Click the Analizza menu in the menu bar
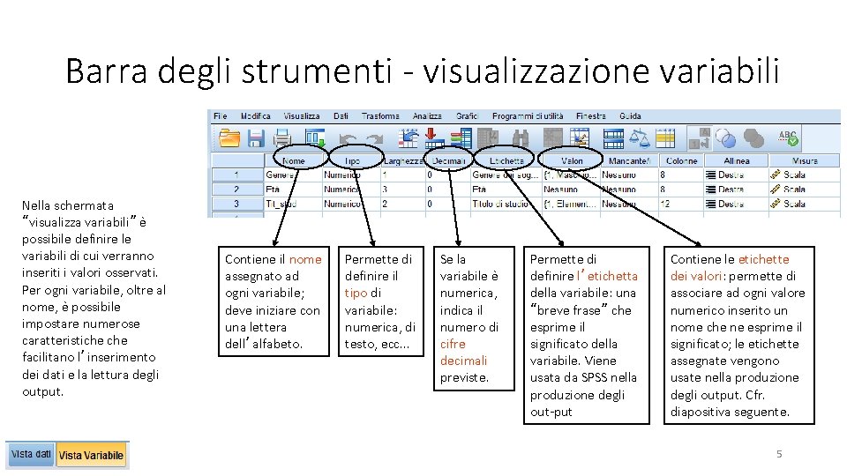tap(427, 115)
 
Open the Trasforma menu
tap(380, 115)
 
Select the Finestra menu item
tap(591, 115)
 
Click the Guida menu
tap(630, 115)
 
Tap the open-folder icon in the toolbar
tap(229, 138)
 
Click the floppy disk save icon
tap(256, 138)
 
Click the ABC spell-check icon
tap(788, 138)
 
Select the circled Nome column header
tap(294, 160)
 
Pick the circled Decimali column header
tap(449, 160)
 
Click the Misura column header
tap(805, 160)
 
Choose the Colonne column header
tap(681, 160)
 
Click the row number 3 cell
tap(236, 204)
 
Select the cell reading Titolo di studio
tap(500, 204)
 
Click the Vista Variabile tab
tap(92, 455)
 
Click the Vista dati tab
tap(31, 454)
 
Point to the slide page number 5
tap(778, 454)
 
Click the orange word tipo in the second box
tap(356, 293)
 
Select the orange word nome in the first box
tap(305, 259)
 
